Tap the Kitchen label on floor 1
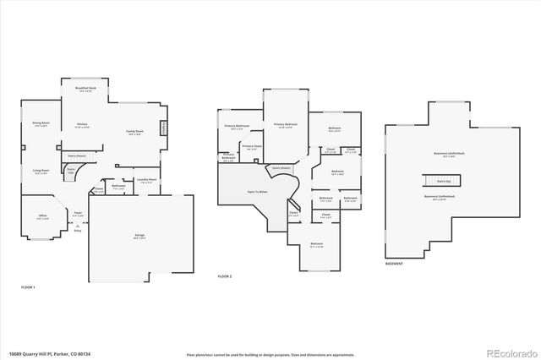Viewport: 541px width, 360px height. pyautogui.click(x=83, y=125)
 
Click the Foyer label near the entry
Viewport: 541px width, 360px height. pyautogui.click(x=77, y=214)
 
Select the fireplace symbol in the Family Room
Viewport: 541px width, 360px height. pyautogui.click(x=164, y=128)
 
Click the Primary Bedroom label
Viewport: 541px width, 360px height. pyautogui.click(x=285, y=126)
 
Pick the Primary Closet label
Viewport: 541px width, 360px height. pyautogui.click(x=252, y=147)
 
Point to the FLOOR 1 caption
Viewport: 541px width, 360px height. pyautogui.click(x=28, y=287)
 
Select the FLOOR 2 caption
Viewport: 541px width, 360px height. pyautogui.click(x=225, y=276)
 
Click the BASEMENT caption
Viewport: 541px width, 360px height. pyautogui.click(x=394, y=264)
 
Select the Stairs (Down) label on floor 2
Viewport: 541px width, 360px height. pyautogui.click(x=281, y=168)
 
